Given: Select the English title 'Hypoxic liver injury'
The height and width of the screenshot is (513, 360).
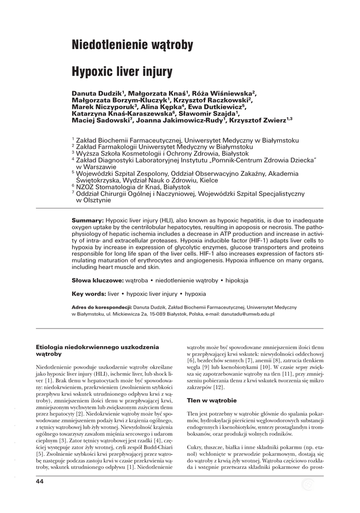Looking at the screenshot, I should pos(123,72).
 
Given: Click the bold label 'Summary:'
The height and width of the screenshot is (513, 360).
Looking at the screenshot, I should pos(88,220).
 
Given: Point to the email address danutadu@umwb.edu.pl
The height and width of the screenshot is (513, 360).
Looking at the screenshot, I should pos(249,314).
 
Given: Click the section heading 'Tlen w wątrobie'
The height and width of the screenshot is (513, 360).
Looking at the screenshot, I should pos(208,400).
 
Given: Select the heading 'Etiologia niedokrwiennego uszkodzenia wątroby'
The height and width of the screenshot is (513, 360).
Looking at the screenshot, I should pos(98,350).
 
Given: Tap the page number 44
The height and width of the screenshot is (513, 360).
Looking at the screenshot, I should pos(40,481).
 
